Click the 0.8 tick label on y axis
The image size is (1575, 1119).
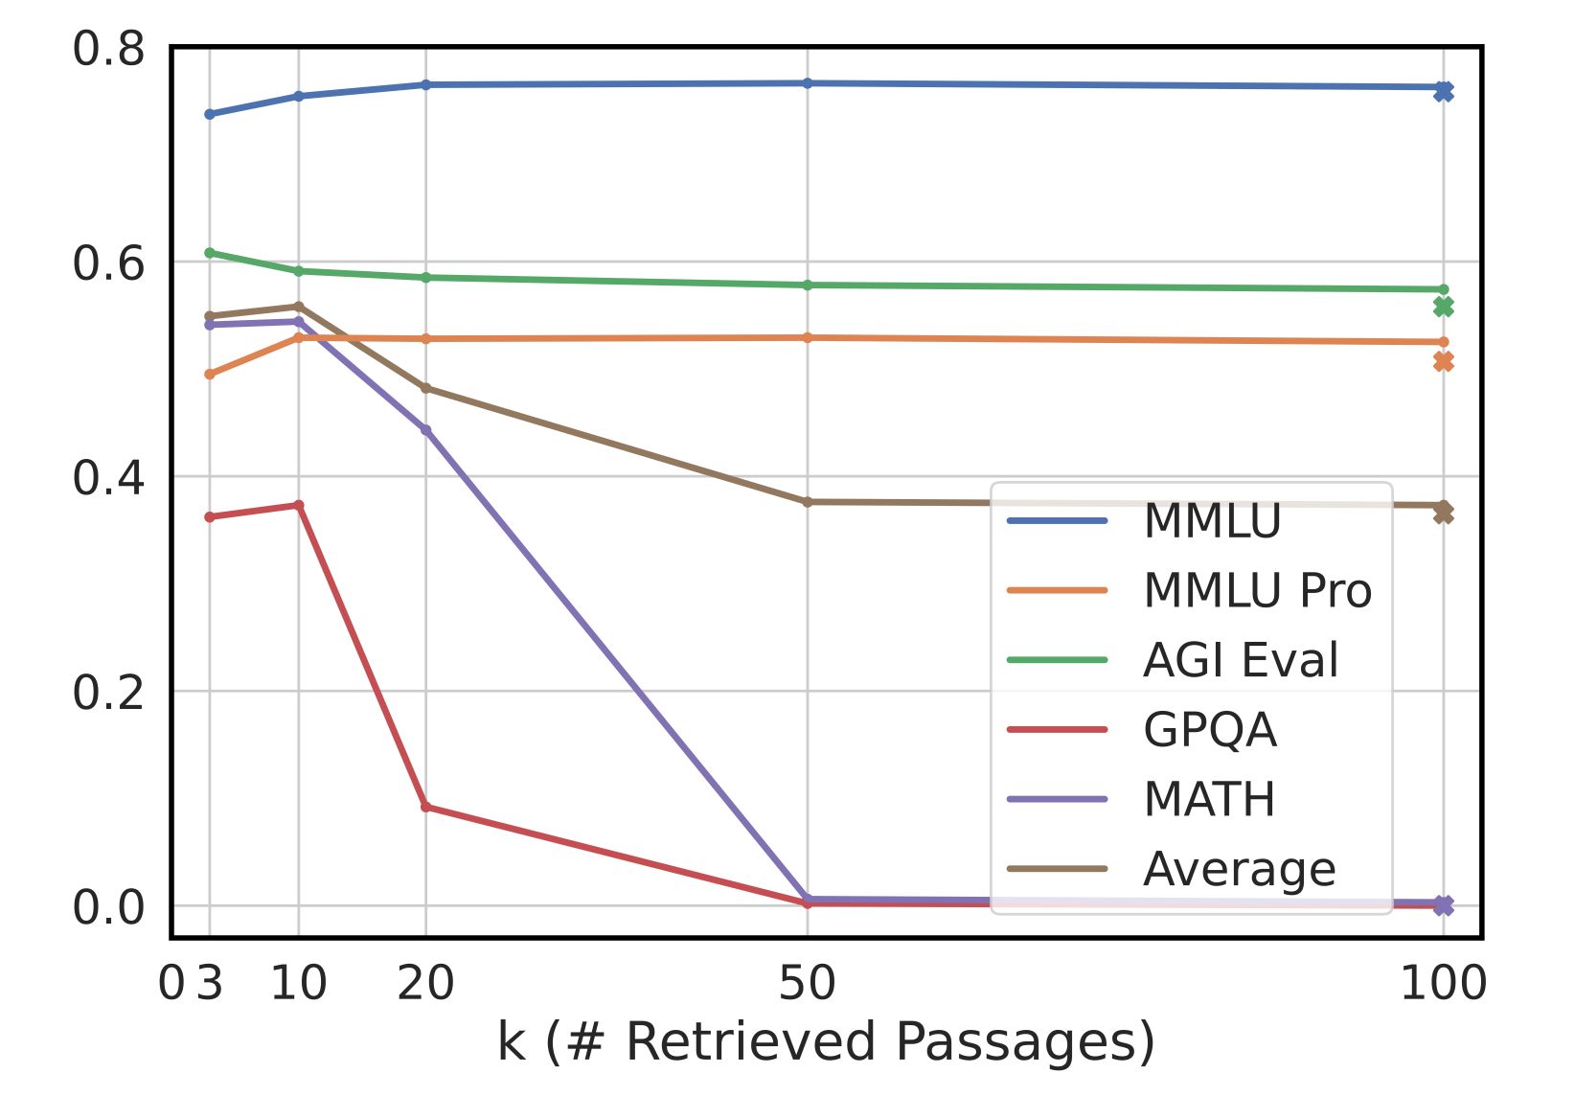point(108,49)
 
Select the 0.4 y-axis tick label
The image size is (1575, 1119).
point(108,477)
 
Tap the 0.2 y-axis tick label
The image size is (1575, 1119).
point(108,692)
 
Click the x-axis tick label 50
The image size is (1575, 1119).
point(807,983)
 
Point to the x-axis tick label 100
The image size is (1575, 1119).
point(1443,983)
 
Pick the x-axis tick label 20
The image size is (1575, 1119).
point(425,983)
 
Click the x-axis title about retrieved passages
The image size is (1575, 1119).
point(826,1042)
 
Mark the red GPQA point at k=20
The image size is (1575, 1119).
point(426,807)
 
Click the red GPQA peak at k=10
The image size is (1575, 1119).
point(299,505)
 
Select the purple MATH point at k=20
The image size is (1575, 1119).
point(426,430)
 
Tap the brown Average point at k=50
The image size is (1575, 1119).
point(808,502)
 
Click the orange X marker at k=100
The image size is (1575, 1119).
point(1443,361)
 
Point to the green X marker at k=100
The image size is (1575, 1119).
point(1443,307)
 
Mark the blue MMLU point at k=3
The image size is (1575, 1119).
point(210,114)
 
